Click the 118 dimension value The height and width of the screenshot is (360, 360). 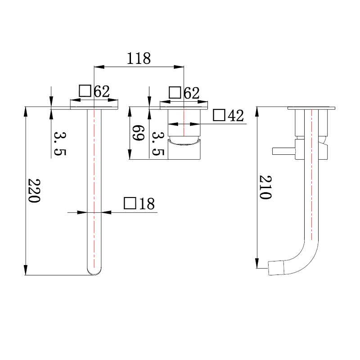coord(139,58)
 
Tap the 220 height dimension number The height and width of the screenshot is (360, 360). coord(34,190)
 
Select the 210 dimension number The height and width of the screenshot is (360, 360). coord(265,187)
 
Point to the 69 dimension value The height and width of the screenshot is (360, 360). coord(139,133)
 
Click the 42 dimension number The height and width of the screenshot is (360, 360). coord(235,116)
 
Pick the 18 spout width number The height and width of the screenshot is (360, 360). coord(147,203)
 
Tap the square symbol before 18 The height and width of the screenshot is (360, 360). coord(130,203)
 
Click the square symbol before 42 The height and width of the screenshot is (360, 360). coord(219,115)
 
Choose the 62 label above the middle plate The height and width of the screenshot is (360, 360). coord(192,93)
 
